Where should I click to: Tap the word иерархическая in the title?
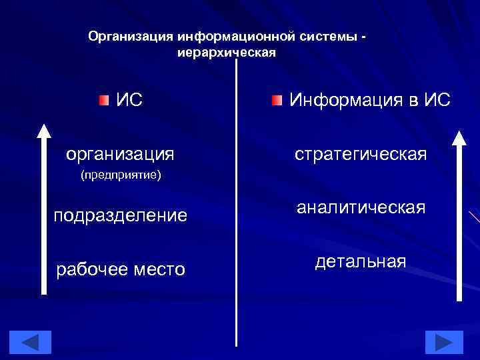(x=227, y=51)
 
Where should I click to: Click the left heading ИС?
(x=129, y=101)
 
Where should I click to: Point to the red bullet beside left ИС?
(x=101, y=101)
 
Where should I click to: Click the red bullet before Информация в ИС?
(x=277, y=101)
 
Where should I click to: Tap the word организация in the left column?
(x=120, y=154)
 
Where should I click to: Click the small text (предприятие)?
(x=121, y=176)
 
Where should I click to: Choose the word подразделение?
(x=120, y=215)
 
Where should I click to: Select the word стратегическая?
(x=361, y=155)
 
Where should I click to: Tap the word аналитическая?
(x=361, y=207)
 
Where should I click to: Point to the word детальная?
(x=361, y=261)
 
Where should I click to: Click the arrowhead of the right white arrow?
(x=460, y=137)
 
